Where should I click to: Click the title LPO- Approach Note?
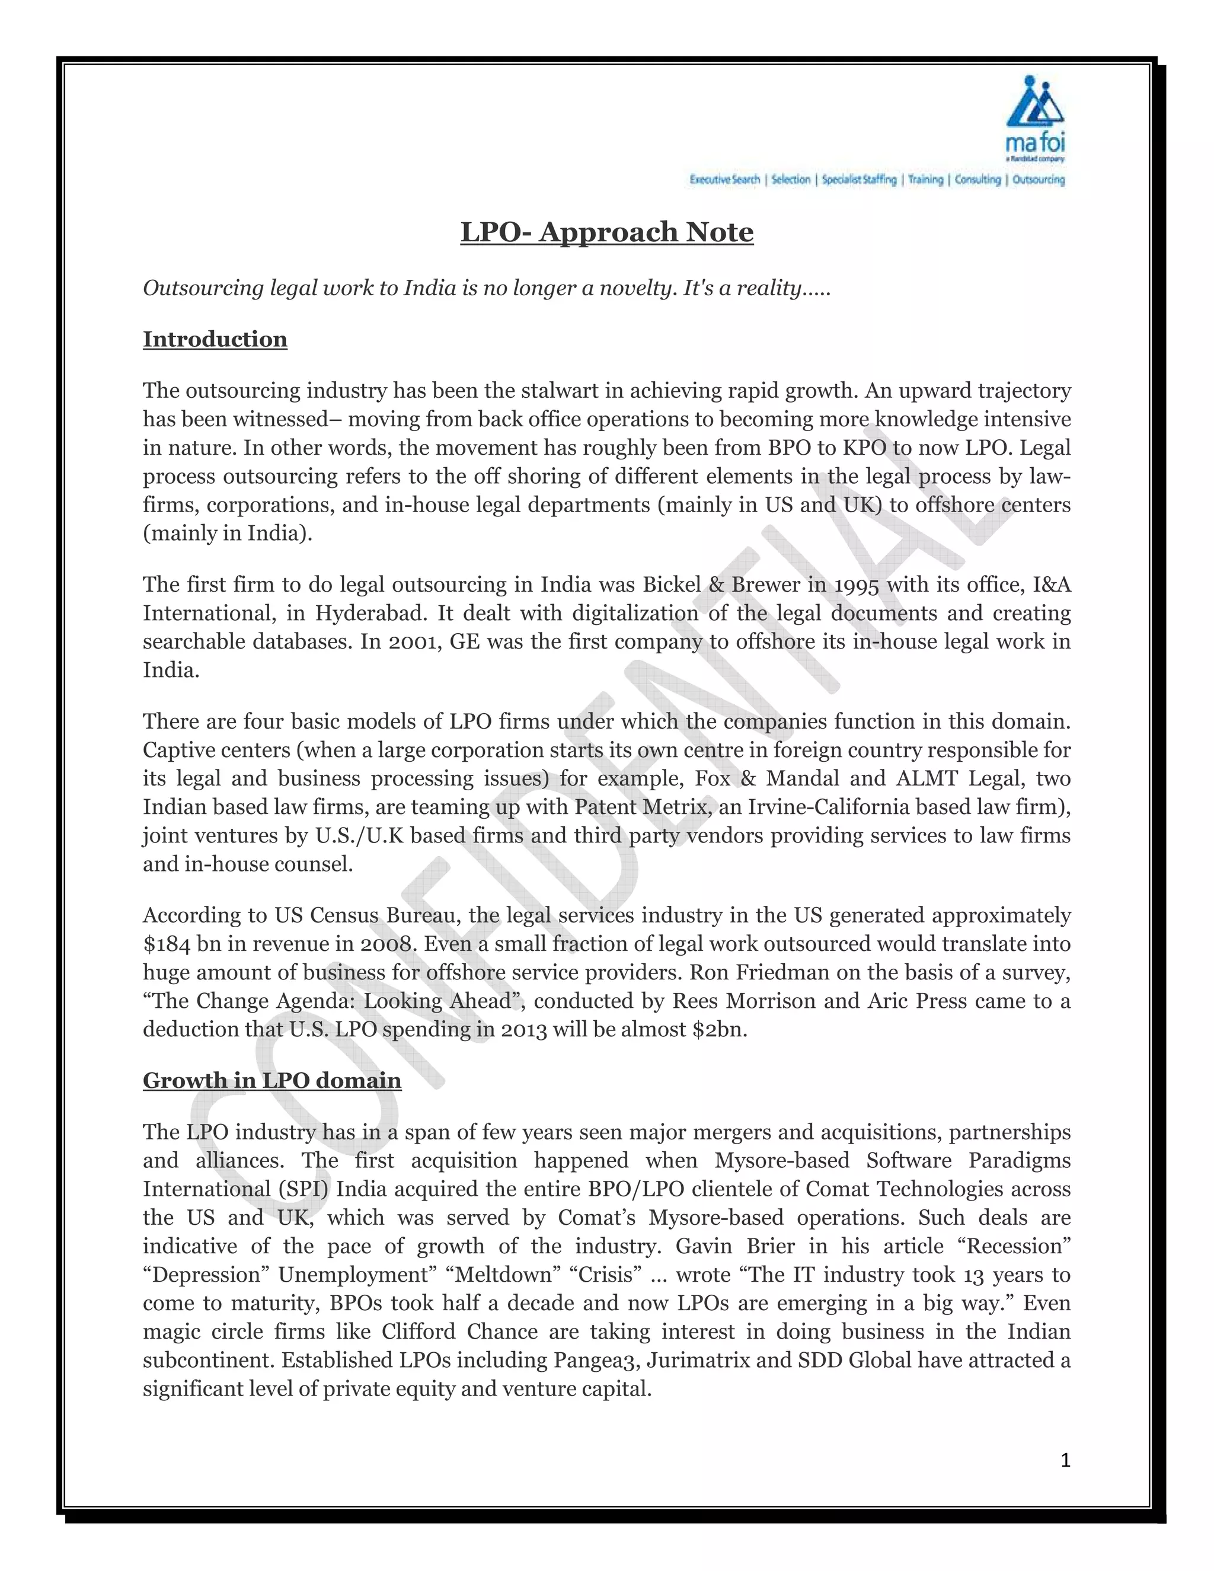(x=606, y=232)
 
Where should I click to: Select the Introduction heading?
(x=215, y=339)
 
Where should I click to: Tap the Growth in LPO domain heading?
(x=272, y=1080)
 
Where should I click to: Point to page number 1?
(x=1065, y=1461)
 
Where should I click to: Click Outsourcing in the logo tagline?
(x=1038, y=179)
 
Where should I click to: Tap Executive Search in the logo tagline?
(x=724, y=179)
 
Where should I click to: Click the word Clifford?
(x=418, y=1331)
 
